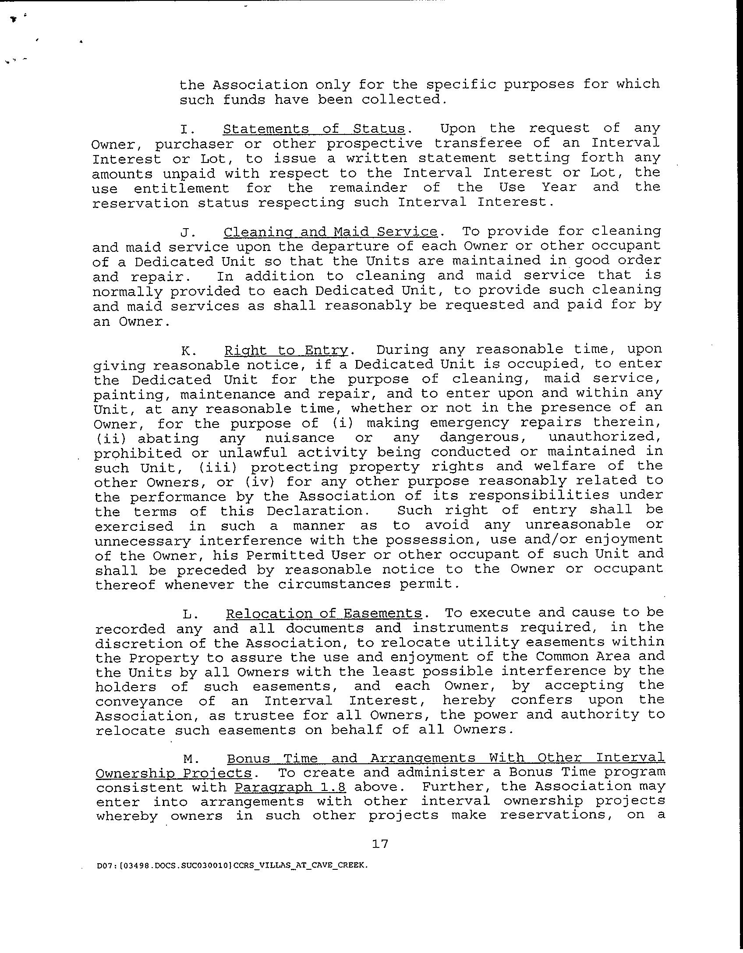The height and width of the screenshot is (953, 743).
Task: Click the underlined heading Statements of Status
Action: coord(314,129)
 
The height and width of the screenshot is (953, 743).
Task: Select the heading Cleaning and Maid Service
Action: coord(330,232)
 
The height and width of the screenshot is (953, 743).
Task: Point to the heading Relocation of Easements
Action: coord(324,613)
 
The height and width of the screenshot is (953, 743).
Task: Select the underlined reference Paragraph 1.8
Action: coord(290,787)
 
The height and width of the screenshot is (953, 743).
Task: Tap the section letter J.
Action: coord(185,232)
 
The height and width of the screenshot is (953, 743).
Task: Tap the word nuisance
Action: coord(300,438)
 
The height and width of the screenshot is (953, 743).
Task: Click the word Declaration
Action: coord(315,511)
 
